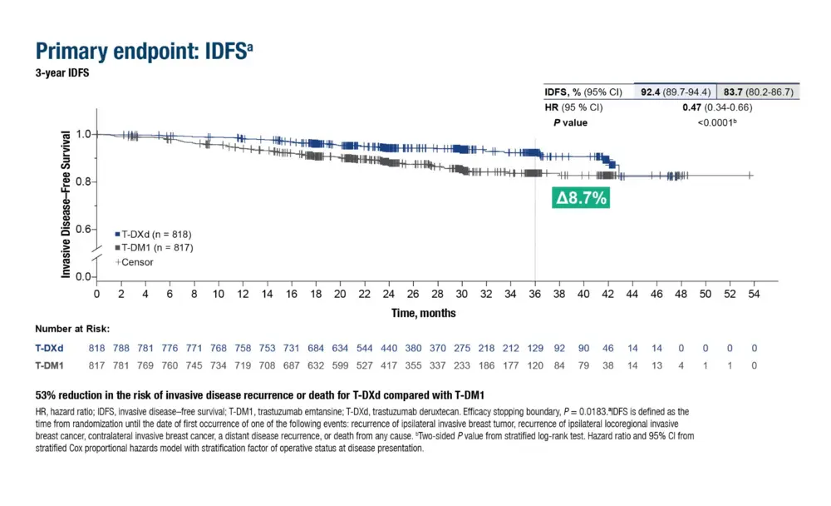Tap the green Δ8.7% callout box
(581, 198)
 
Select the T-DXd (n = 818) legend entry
(155, 235)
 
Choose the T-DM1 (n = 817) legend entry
(155, 248)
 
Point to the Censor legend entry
(135, 261)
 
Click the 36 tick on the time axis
(534, 294)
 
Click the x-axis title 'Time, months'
(424, 313)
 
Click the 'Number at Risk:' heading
(72, 329)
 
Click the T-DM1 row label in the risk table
(50, 365)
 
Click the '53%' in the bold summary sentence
(46, 394)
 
